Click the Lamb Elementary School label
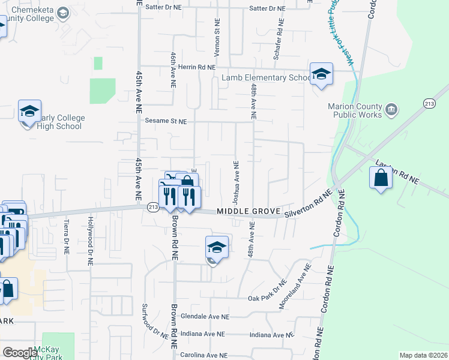tap(266, 77)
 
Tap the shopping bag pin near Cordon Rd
tap(381, 178)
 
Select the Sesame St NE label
tap(166, 121)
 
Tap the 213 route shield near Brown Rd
tap(152, 206)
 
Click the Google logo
tap(20, 352)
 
